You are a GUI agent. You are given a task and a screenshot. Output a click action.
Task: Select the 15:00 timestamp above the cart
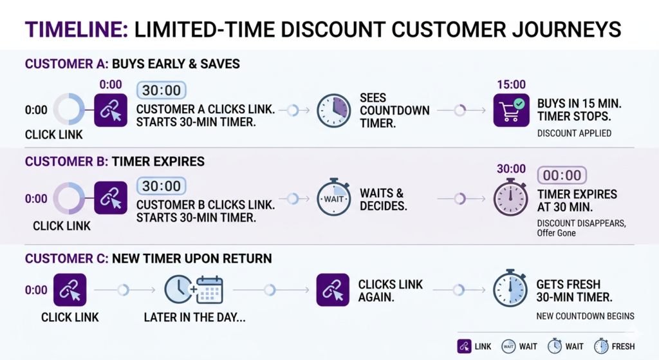pos(511,84)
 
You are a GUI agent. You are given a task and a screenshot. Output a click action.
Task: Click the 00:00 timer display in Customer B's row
pos(561,175)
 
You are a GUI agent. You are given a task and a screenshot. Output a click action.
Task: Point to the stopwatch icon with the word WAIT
pos(333,198)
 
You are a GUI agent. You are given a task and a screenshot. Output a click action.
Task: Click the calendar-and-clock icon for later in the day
pos(194,290)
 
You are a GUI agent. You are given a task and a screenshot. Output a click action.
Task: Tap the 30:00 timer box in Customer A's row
pos(161,90)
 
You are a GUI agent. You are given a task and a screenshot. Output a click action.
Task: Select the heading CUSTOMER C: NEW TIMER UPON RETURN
pos(148,259)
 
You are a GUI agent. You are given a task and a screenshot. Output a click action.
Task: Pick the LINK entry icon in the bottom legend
pos(464,346)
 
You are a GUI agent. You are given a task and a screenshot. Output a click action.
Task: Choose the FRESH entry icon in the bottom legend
pos(601,346)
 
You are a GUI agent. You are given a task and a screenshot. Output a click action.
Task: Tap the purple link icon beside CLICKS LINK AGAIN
pos(333,290)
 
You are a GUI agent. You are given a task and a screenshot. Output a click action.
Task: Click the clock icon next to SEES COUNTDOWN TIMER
pos(333,110)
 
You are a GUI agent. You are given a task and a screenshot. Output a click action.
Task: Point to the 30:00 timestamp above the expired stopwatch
pos(511,169)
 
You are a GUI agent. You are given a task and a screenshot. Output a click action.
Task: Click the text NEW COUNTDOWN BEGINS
pos(585,316)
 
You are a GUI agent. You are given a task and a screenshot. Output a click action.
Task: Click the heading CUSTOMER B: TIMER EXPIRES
pos(115,162)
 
